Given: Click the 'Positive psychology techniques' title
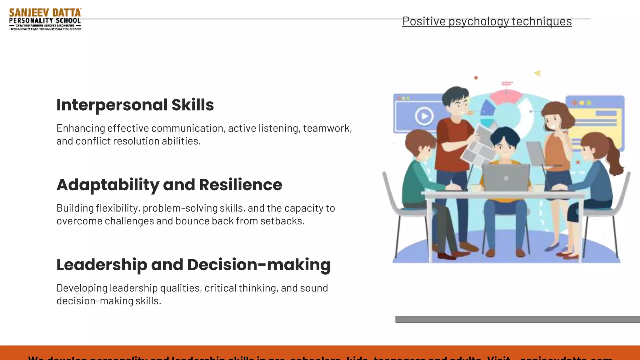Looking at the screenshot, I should (x=487, y=21).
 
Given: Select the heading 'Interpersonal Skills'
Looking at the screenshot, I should (x=135, y=105).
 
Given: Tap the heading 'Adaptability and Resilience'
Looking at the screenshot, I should (x=169, y=185).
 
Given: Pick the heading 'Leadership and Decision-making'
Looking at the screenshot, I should (x=193, y=265).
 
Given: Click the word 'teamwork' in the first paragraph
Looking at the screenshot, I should (x=327, y=128).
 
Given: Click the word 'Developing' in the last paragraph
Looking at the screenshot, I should (x=82, y=288).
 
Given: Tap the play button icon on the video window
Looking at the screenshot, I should (x=424, y=116).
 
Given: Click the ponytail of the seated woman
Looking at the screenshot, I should (x=614, y=159).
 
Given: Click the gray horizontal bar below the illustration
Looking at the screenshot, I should (x=517, y=319).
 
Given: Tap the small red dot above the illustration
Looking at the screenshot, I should (x=476, y=78).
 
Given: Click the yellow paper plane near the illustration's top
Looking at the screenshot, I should (x=537, y=73).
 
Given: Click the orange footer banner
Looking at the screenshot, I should (x=320, y=353).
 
